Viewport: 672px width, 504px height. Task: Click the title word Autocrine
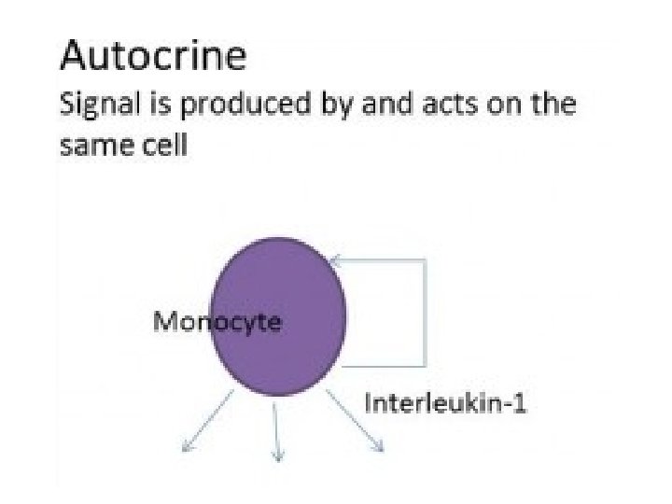[x=153, y=57]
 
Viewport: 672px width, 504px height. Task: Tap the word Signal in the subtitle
[x=94, y=105]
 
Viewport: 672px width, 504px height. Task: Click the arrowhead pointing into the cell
[x=335, y=260]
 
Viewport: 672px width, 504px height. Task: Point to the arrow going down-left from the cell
[x=207, y=421]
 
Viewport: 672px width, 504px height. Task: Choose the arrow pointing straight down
[x=275, y=429]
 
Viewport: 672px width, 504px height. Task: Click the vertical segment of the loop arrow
[x=426, y=313]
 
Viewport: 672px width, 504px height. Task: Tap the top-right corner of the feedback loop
[x=426, y=260]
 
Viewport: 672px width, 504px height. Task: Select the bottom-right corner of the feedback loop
[x=426, y=365]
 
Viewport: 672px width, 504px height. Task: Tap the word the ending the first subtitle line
[x=553, y=105]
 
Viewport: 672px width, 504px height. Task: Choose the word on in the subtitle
[x=492, y=105]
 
